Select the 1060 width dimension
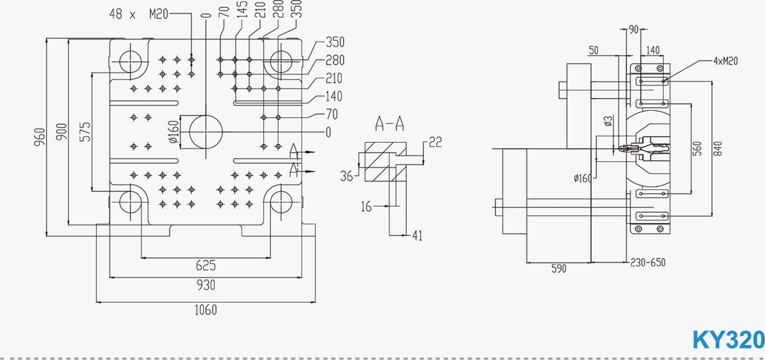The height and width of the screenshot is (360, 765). [x=206, y=310]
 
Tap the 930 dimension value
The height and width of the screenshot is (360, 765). [x=206, y=285]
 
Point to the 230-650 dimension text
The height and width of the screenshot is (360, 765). [x=648, y=263]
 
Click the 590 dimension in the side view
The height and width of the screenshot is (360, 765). [x=558, y=269]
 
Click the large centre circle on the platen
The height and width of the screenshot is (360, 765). [x=206, y=132]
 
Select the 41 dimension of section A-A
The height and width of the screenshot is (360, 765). [x=418, y=236]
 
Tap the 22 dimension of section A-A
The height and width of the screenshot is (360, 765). [x=435, y=141]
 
